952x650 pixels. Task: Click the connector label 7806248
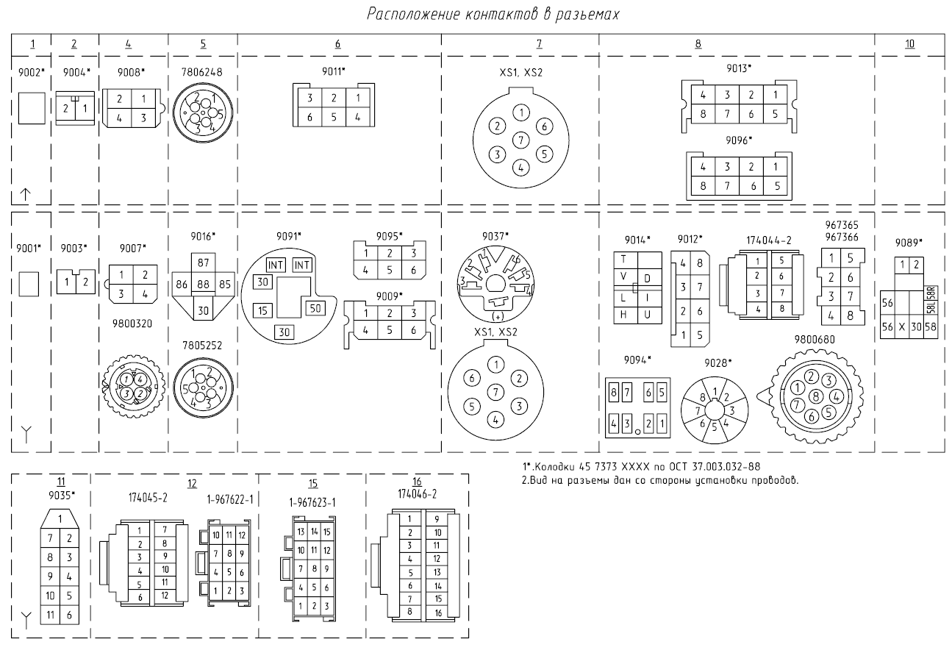(x=202, y=72)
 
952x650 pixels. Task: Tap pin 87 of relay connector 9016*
(x=203, y=262)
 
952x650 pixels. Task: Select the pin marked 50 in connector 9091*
(x=315, y=308)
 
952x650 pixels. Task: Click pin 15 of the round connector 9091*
(x=262, y=311)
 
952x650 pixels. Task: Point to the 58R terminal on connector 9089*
(x=931, y=293)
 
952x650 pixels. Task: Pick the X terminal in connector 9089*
(x=902, y=327)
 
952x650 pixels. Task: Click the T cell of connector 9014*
(x=623, y=260)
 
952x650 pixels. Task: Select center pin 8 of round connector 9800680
(x=815, y=396)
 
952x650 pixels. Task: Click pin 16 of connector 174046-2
(x=438, y=612)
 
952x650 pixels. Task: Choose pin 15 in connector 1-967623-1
(x=327, y=532)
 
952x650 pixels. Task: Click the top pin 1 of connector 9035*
(x=60, y=518)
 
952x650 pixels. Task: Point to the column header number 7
(x=539, y=43)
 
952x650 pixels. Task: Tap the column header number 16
(x=417, y=481)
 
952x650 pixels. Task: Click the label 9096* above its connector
(x=739, y=140)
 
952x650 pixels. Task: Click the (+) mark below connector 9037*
(x=498, y=317)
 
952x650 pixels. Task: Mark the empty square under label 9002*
(x=32, y=108)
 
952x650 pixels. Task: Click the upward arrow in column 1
(x=26, y=194)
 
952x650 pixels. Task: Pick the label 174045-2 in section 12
(x=148, y=498)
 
